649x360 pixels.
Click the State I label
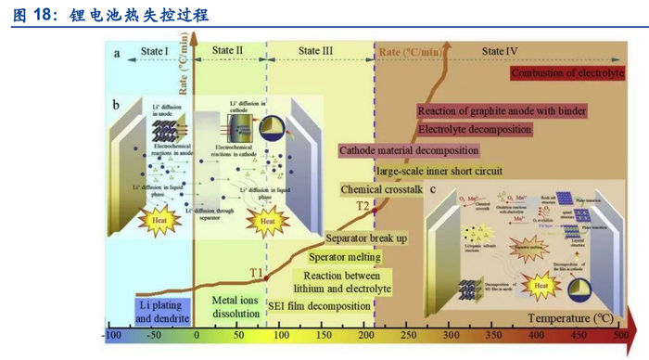153,50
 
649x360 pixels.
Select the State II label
228,49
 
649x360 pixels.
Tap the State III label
314,50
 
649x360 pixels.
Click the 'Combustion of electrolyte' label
570,73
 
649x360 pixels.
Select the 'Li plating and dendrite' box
150,312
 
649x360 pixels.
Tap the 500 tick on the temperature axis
620,335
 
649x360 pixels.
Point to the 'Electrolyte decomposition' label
476,129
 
